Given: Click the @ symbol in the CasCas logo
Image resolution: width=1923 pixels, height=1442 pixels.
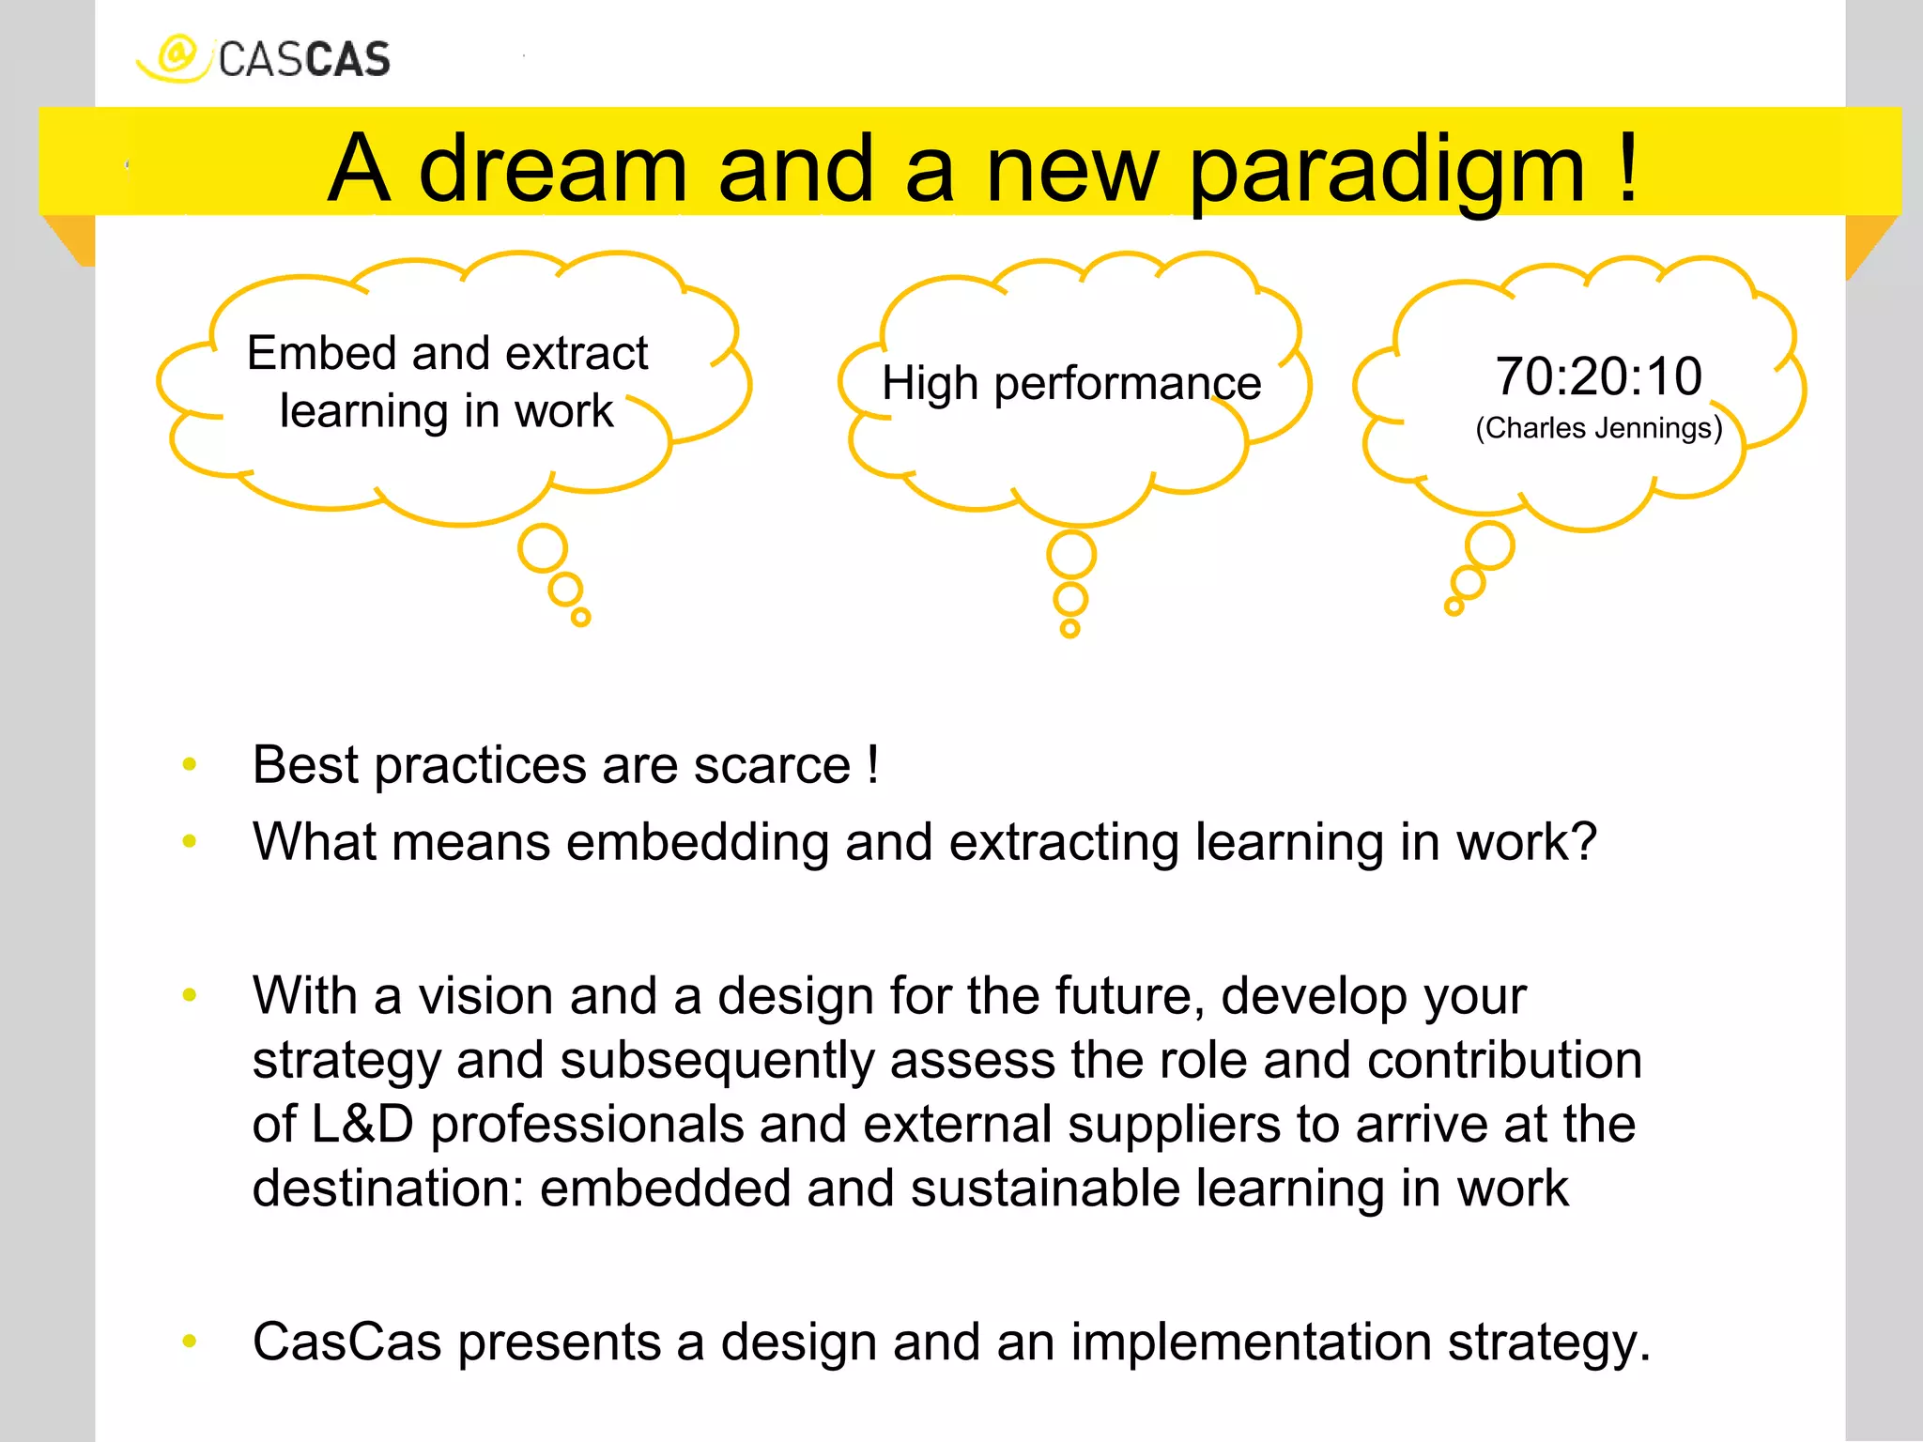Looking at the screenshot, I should pyautogui.click(x=176, y=54).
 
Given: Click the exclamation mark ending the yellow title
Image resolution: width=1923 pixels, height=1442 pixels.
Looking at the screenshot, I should pyautogui.click(x=1628, y=166).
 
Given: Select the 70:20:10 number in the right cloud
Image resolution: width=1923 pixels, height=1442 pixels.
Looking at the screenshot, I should pyautogui.click(x=1598, y=376).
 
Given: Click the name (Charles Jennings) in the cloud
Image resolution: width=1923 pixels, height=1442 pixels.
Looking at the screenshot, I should pyautogui.click(x=1598, y=428).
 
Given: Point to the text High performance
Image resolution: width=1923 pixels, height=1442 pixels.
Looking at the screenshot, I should pyautogui.click(x=1071, y=383).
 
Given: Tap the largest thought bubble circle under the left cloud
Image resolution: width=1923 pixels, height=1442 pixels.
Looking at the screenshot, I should pyautogui.click(x=543, y=548).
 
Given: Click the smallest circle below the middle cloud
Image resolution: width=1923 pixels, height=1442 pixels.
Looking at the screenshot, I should pyautogui.click(x=1069, y=628).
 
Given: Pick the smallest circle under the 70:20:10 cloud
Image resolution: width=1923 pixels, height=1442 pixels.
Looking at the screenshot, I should pyautogui.click(x=1454, y=606).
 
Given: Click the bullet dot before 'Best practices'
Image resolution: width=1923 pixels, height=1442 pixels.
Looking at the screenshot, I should pyautogui.click(x=190, y=764).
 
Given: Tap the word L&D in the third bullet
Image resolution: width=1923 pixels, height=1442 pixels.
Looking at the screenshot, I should pyautogui.click(x=362, y=1124).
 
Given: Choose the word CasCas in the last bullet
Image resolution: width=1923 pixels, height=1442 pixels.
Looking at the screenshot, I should pyautogui.click(x=346, y=1342).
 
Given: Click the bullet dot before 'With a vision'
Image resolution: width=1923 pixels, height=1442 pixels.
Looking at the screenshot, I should pyautogui.click(x=190, y=995).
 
